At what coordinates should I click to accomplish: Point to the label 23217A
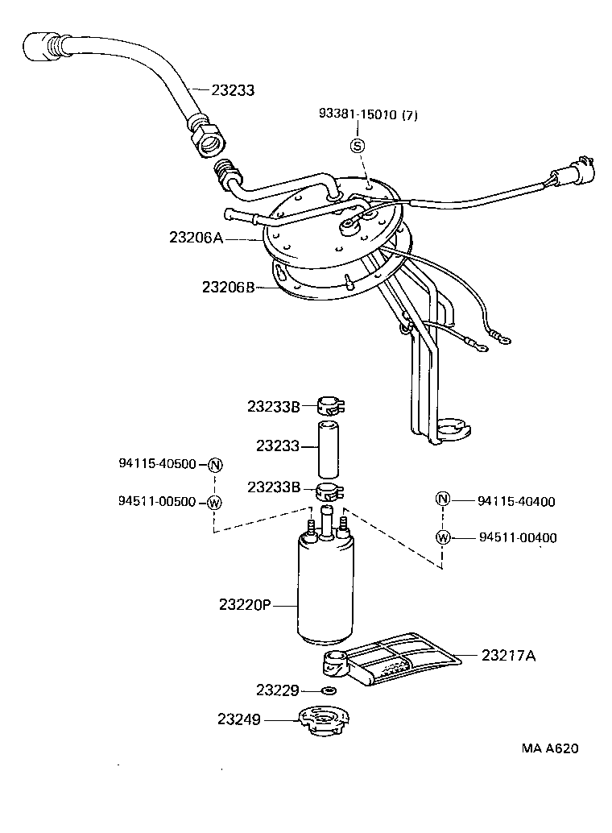click(x=508, y=656)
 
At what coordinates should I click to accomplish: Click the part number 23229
click(x=278, y=690)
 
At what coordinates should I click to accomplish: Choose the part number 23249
click(x=238, y=719)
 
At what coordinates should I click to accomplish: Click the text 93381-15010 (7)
click(x=369, y=115)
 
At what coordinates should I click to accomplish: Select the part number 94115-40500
click(x=157, y=464)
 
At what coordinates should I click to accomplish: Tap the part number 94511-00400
click(x=517, y=538)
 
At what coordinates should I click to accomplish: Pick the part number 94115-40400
click(x=516, y=501)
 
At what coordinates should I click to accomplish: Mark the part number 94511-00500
click(x=157, y=501)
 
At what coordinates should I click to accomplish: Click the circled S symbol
click(x=358, y=146)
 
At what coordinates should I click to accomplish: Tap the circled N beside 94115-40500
click(x=214, y=465)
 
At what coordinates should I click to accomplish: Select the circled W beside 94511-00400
click(x=443, y=537)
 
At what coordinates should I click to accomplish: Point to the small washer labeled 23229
click(x=329, y=690)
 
